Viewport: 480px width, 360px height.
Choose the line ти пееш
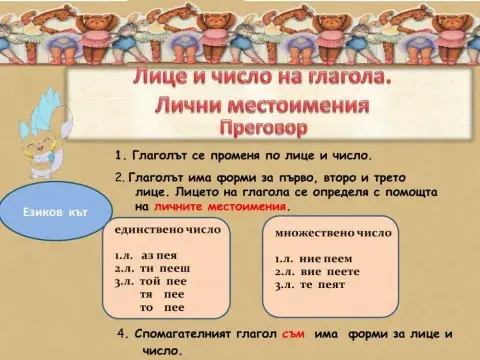point(161,268)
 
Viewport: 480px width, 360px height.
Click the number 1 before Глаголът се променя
point(120,156)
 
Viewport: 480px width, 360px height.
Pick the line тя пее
point(164,295)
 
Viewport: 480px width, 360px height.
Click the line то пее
point(164,308)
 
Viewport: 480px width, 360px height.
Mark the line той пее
point(162,282)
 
